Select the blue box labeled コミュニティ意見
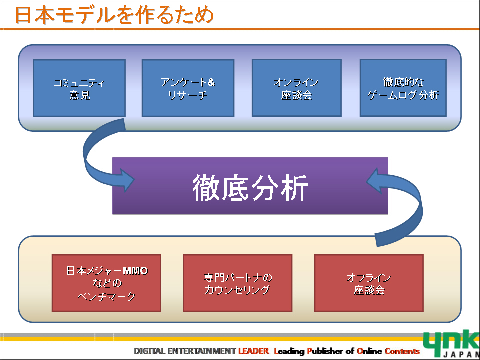(79, 88)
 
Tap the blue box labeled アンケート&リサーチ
(188, 88)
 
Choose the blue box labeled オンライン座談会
(296, 88)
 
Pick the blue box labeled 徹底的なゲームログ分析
(403, 88)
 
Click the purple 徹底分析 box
(250, 186)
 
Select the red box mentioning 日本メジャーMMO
(106, 283)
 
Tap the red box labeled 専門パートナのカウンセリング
(237, 283)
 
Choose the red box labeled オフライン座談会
(369, 283)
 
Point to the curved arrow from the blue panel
(95, 160)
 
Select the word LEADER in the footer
(253, 351)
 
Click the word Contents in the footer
(401, 351)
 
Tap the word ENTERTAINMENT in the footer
(203, 351)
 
